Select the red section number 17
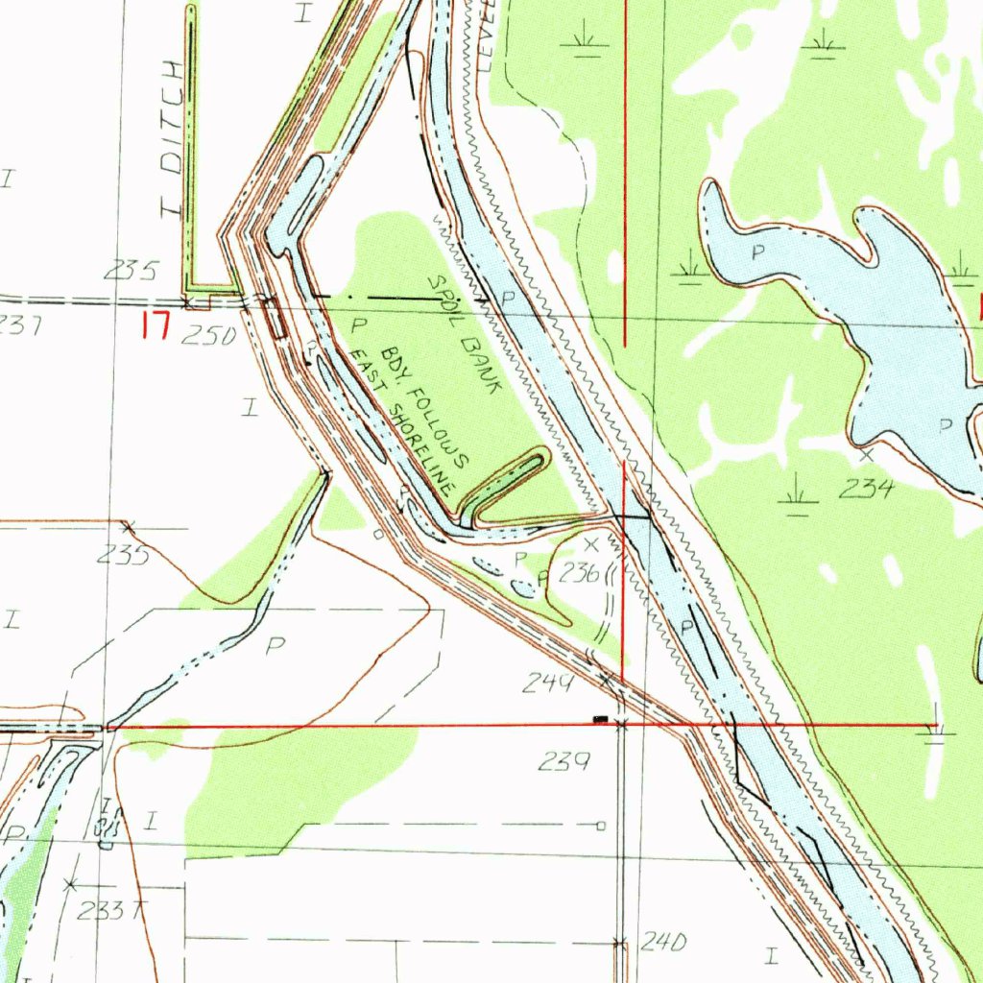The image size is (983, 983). tap(155, 326)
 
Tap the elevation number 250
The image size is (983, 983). tap(208, 335)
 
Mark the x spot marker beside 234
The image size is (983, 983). tap(867, 454)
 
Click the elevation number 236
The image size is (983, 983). tap(578, 574)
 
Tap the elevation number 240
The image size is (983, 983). tap(663, 943)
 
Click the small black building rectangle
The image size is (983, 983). tap(600, 718)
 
